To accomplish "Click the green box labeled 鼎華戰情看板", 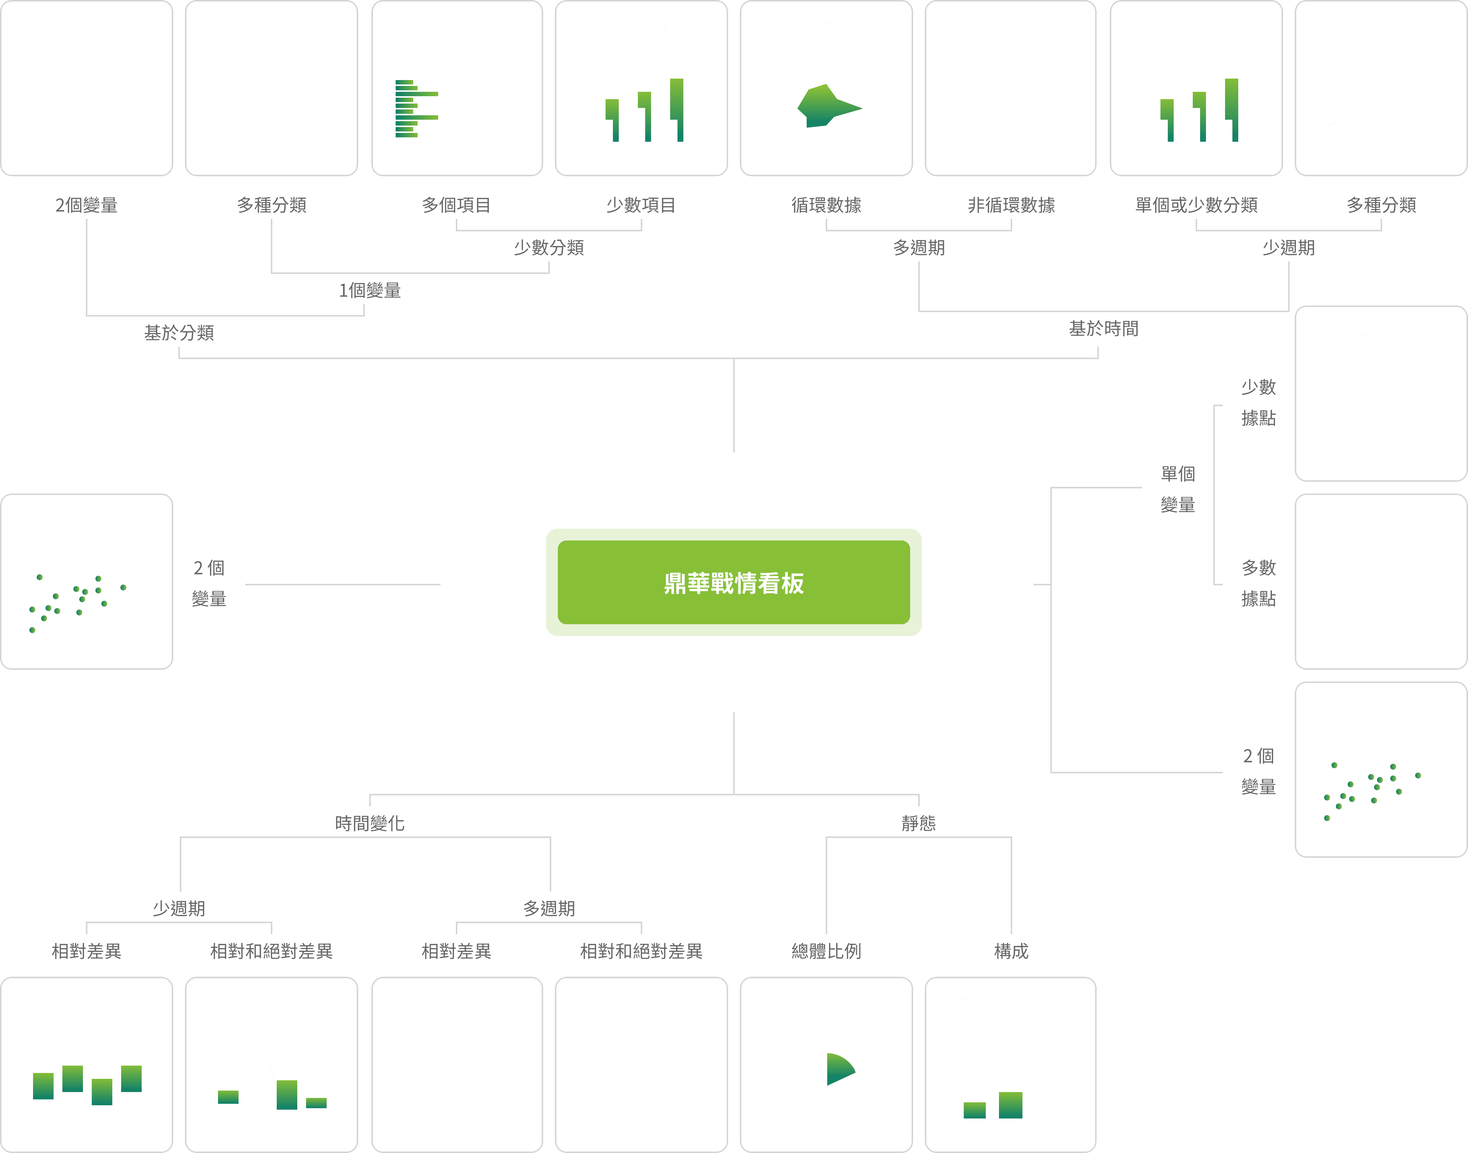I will (x=733, y=582).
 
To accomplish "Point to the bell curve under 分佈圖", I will (x=1381, y=608).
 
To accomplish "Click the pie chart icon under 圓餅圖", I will (x=826, y=1085).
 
